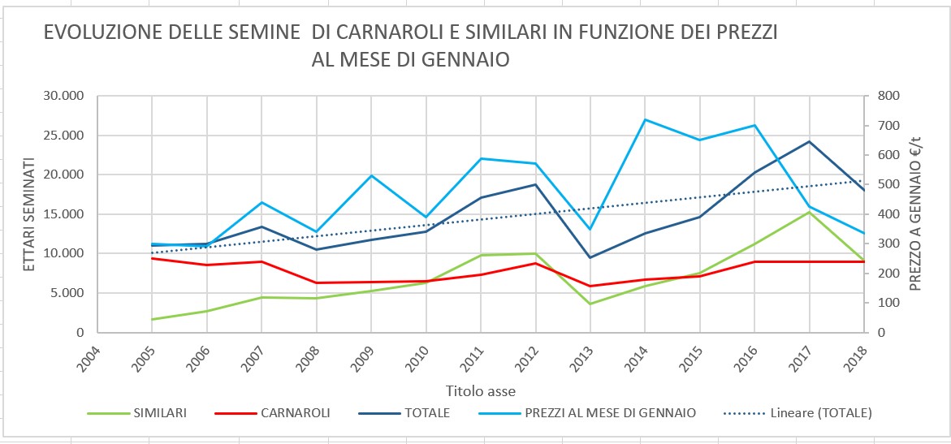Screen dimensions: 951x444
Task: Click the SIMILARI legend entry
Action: click(x=137, y=414)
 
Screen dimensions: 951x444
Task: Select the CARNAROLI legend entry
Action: click(x=273, y=414)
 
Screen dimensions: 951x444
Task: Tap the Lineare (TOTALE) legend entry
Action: click(x=798, y=414)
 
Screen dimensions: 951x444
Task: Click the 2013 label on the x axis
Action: click(x=583, y=359)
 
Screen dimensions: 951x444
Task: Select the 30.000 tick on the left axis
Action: click(x=63, y=97)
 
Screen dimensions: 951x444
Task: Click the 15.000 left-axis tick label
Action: click(x=63, y=214)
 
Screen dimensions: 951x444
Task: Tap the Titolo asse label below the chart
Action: click(x=480, y=390)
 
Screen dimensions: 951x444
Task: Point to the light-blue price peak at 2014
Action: click(x=644, y=119)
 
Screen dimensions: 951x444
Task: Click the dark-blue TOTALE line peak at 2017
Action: click(x=809, y=141)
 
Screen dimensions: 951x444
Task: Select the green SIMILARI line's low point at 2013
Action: click(x=590, y=304)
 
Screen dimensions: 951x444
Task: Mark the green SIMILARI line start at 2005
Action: click(x=152, y=319)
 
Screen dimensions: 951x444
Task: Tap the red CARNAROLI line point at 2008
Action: click(x=316, y=282)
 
